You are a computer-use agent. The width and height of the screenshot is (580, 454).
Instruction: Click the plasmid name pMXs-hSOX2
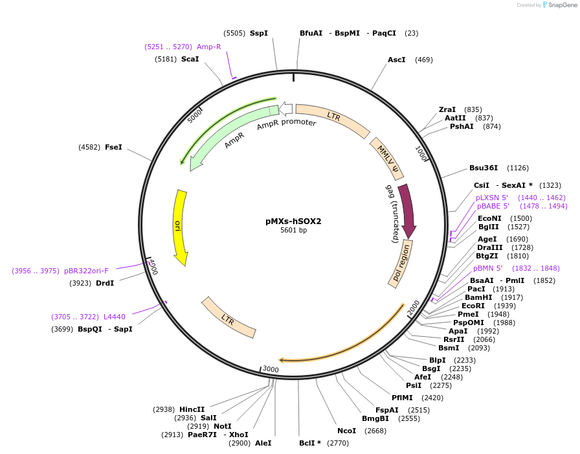[x=293, y=221]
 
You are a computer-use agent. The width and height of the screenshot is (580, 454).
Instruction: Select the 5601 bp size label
[x=293, y=231]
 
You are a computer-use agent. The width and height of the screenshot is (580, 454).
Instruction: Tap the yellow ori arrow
[x=180, y=227]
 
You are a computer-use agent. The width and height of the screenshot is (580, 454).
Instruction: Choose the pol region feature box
[x=401, y=263]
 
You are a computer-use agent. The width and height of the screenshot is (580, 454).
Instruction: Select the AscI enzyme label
[x=396, y=60]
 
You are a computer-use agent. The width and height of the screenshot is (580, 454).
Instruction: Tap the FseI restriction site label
[x=113, y=147]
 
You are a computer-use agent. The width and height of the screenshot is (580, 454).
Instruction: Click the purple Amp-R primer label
[x=208, y=47]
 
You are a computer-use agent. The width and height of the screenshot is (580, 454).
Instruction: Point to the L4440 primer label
[x=114, y=317]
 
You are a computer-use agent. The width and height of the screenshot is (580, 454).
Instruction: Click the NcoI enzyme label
[x=346, y=431]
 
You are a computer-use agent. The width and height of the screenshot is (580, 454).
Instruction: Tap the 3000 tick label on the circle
[x=271, y=369]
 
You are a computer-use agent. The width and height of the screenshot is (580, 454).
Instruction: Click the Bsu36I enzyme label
[x=484, y=168]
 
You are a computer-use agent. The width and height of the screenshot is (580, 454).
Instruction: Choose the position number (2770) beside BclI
[x=338, y=443]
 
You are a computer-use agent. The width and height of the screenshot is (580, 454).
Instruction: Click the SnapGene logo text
[x=561, y=5]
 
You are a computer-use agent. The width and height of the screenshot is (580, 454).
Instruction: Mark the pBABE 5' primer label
[x=493, y=206]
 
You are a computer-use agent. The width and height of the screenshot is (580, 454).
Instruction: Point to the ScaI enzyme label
[x=190, y=59]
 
